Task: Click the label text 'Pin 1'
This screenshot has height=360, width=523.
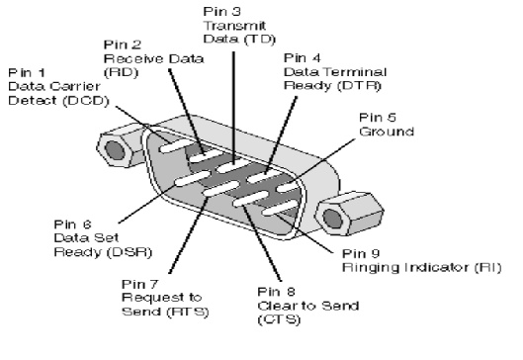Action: [x=27, y=72]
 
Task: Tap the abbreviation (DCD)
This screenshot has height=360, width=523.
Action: [x=86, y=101]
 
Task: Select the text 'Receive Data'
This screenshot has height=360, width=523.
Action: [x=153, y=58]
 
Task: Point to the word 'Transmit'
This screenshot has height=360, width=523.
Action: [x=234, y=26]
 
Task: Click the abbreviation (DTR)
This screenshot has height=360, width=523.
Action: [x=359, y=86]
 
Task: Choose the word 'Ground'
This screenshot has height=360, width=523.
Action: [x=387, y=132]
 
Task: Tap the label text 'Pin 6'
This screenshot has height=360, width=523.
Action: [x=73, y=225]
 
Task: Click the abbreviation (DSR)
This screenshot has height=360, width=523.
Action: [x=130, y=252]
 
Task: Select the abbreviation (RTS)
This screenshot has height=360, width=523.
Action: [x=188, y=312]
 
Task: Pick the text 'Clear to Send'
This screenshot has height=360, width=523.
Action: [x=308, y=306]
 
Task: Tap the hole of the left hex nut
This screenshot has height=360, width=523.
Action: [x=115, y=149]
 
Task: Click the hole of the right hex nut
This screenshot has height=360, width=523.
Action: [x=332, y=219]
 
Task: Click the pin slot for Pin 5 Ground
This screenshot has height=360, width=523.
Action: [x=290, y=186]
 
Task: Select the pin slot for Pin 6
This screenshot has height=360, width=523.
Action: [x=193, y=178]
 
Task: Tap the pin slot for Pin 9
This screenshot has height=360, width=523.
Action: [x=280, y=207]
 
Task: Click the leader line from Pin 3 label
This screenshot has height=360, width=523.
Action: [x=233, y=108]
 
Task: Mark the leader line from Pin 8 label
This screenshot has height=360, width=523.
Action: [x=262, y=243]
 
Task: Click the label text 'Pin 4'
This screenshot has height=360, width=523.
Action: [x=303, y=58]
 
